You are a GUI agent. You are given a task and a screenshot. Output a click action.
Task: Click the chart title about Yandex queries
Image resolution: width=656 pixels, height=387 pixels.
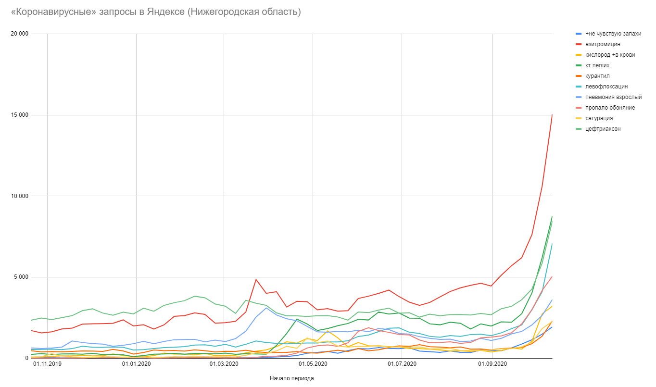(x=156, y=12)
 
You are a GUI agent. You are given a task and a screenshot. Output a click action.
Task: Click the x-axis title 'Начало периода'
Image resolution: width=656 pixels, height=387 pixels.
(x=292, y=378)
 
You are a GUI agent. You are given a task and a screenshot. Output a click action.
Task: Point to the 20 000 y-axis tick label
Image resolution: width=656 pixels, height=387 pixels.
(x=19, y=34)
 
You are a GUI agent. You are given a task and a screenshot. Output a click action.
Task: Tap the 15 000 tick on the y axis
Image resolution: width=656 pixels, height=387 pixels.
(x=19, y=115)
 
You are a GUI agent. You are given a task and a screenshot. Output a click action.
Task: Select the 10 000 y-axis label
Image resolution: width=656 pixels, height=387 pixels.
(x=19, y=196)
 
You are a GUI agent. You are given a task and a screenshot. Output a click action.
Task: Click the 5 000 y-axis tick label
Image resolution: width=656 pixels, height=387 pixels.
(x=21, y=277)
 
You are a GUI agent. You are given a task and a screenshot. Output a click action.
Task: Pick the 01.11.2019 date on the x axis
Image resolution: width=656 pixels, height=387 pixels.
(x=48, y=365)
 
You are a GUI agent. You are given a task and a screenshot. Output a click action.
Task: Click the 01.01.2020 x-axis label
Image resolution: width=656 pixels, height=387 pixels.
(x=136, y=365)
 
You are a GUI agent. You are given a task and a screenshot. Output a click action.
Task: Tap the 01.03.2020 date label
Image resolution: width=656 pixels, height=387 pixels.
(x=224, y=365)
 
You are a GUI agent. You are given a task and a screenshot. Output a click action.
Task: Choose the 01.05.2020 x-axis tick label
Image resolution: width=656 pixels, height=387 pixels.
(x=313, y=365)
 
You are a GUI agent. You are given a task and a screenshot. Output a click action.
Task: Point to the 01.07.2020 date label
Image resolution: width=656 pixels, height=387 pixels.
(x=402, y=365)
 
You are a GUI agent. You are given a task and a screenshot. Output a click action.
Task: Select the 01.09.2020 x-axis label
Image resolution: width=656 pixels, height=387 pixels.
(x=493, y=365)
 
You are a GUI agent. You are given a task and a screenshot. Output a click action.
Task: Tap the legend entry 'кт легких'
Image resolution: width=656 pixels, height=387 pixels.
(x=598, y=65)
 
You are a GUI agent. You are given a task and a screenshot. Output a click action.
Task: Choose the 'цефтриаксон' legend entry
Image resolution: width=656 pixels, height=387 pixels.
(x=603, y=129)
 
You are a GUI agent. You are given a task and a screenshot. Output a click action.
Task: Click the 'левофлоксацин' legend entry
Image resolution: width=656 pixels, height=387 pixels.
(x=606, y=87)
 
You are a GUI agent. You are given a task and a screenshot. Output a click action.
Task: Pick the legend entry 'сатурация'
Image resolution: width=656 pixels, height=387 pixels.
(x=599, y=118)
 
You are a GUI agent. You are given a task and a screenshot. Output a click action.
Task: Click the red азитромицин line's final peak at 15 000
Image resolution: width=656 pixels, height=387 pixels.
(x=552, y=115)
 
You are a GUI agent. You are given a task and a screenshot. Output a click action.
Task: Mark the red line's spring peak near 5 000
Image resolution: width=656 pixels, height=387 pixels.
(x=256, y=279)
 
